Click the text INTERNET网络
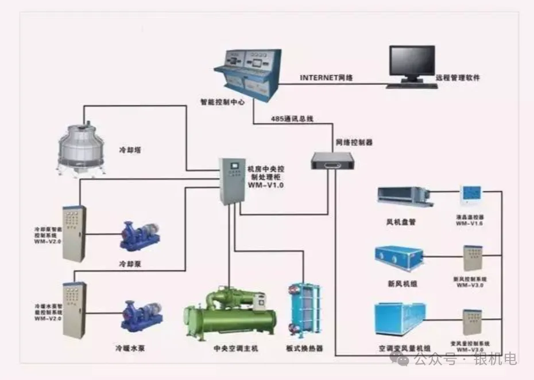coord(326,77)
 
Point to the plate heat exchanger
coord(303,310)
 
